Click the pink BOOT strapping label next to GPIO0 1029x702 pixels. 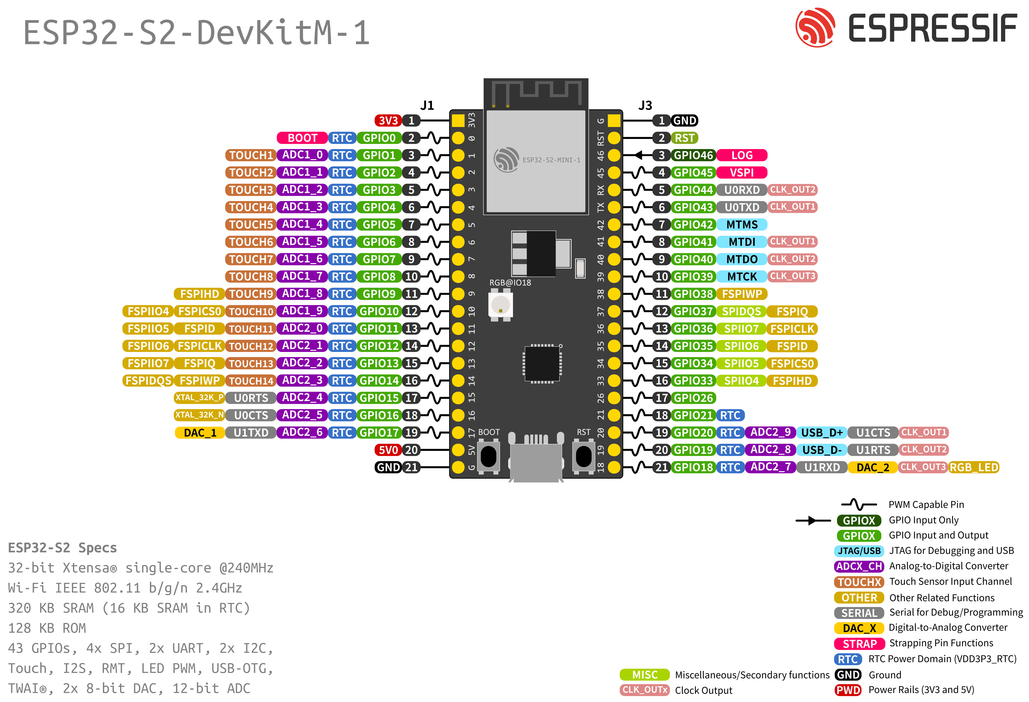pos(302,138)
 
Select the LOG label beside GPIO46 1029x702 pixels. pos(742,155)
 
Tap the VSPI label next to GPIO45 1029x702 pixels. pos(742,173)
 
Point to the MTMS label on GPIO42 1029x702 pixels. pos(742,225)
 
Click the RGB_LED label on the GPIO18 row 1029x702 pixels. pos(974,467)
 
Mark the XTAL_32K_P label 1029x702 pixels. pos(199,398)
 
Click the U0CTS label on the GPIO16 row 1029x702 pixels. pos(251,415)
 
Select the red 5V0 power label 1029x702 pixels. pos(388,450)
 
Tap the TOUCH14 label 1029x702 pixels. pos(251,381)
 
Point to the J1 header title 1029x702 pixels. pos(427,105)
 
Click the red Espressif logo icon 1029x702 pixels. pos(815,27)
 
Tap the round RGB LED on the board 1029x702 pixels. pos(500,305)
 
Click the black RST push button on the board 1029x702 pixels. pos(583,456)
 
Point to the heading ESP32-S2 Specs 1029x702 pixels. pos(62,548)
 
